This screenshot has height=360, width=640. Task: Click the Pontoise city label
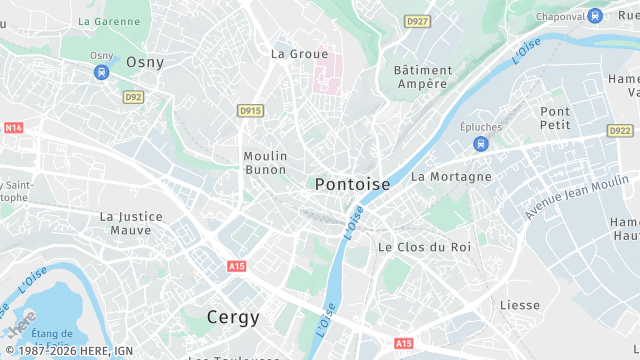352,184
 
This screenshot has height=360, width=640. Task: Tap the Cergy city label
233,317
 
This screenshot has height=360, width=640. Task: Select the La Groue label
300,53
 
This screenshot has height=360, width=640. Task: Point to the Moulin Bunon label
265,163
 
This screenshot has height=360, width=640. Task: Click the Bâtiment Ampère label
421,77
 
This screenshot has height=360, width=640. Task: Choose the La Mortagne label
451,176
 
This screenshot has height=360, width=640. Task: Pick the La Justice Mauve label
125,222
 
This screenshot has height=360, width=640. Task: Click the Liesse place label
520,305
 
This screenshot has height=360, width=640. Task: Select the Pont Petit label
555,118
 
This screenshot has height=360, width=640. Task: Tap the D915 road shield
250,110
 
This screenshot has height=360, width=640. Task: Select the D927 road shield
417,20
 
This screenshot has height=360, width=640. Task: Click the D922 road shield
620,131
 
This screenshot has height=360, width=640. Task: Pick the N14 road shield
13,128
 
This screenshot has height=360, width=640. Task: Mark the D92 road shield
133,97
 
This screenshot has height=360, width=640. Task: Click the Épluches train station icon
481,144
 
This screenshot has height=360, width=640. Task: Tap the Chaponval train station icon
595,15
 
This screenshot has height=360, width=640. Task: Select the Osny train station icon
101,72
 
